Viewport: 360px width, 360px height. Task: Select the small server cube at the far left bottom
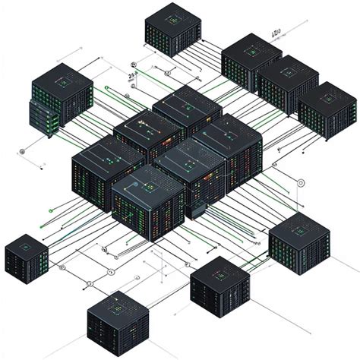pyautogui.click(x=27, y=259)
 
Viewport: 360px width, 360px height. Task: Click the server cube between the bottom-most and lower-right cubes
pyautogui.click(x=219, y=288)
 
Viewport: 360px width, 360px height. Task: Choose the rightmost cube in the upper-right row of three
pyautogui.click(x=327, y=110)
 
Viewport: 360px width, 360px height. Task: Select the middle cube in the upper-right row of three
pyautogui.click(x=288, y=84)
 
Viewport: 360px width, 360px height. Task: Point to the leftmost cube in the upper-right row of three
pyautogui.click(x=251, y=61)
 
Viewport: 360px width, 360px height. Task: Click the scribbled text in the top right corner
pyautogui.click(x=276, y=33)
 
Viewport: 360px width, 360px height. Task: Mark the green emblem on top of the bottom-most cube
pyautogui.click(x=116, y=305)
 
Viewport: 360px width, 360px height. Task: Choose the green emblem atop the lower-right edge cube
pyautogui.click(x=299, y=226)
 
